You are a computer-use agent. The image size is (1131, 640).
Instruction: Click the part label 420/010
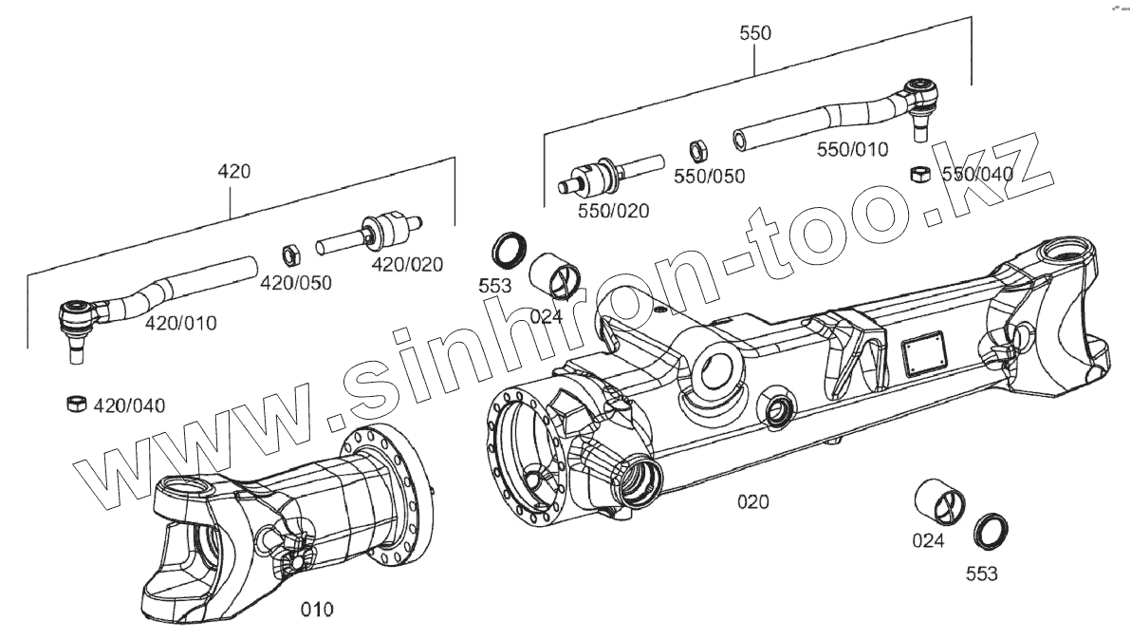click(180, 323)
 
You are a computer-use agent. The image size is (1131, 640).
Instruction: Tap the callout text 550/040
click(977, 174)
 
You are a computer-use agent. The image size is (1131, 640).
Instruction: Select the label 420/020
click(407, 265)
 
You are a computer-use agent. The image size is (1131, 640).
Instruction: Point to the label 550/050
click(710, 176)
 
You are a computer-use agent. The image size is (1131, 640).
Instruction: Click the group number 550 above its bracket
click(755, 32)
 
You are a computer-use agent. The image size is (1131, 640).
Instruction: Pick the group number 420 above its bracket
click(233, 172)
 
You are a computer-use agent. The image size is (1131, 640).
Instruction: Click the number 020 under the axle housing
click(753, 501)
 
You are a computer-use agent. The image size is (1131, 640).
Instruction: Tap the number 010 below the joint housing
click(317, 610)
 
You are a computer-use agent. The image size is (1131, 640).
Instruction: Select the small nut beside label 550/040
click(918, 173)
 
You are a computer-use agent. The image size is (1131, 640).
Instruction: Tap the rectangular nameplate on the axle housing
click(921, 354)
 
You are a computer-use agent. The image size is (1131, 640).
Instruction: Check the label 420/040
click(129, 406)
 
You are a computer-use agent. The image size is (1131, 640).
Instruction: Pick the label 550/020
click(614, 211)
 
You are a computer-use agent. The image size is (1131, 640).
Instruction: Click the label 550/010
click(852, 149)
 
